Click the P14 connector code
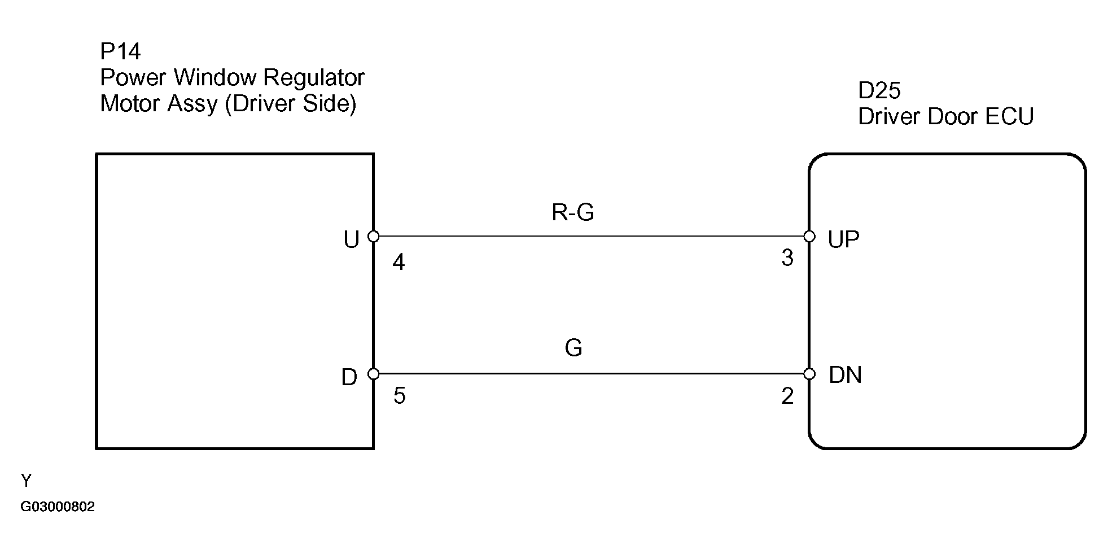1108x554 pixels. click(120, 52)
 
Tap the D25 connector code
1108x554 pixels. click(879, 90)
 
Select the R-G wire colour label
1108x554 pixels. click(573, 213)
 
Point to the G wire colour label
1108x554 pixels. click(573, 348)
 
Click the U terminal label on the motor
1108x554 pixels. click(351, 241)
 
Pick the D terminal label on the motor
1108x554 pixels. click(349, 378)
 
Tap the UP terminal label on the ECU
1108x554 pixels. click(843, 240)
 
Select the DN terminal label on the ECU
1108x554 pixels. click(845, 376)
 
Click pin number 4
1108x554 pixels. click(398, 263)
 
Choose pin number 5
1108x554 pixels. click(399, 396)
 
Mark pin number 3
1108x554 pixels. click(787, 258)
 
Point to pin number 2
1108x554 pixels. click(787, 396)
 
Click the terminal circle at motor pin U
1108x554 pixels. click(373, 236)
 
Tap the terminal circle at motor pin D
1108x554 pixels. click(373, 374)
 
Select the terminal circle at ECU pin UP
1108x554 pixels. click(809, 236)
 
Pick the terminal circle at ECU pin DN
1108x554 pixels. click(809, 374)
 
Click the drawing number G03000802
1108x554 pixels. click(58, 507)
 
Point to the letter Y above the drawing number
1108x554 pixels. click(26, 481)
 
